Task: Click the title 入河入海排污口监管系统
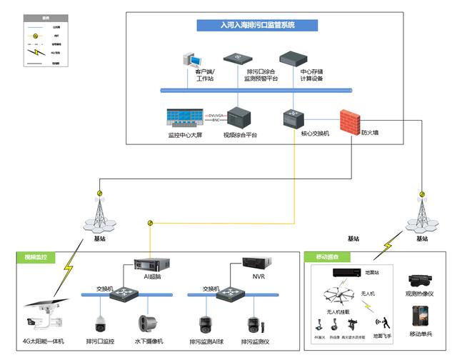click(257, 25)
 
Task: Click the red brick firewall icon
click(350, 118)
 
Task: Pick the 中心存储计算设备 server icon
click(293, 58)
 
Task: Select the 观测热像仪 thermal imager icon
click(418, 281)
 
